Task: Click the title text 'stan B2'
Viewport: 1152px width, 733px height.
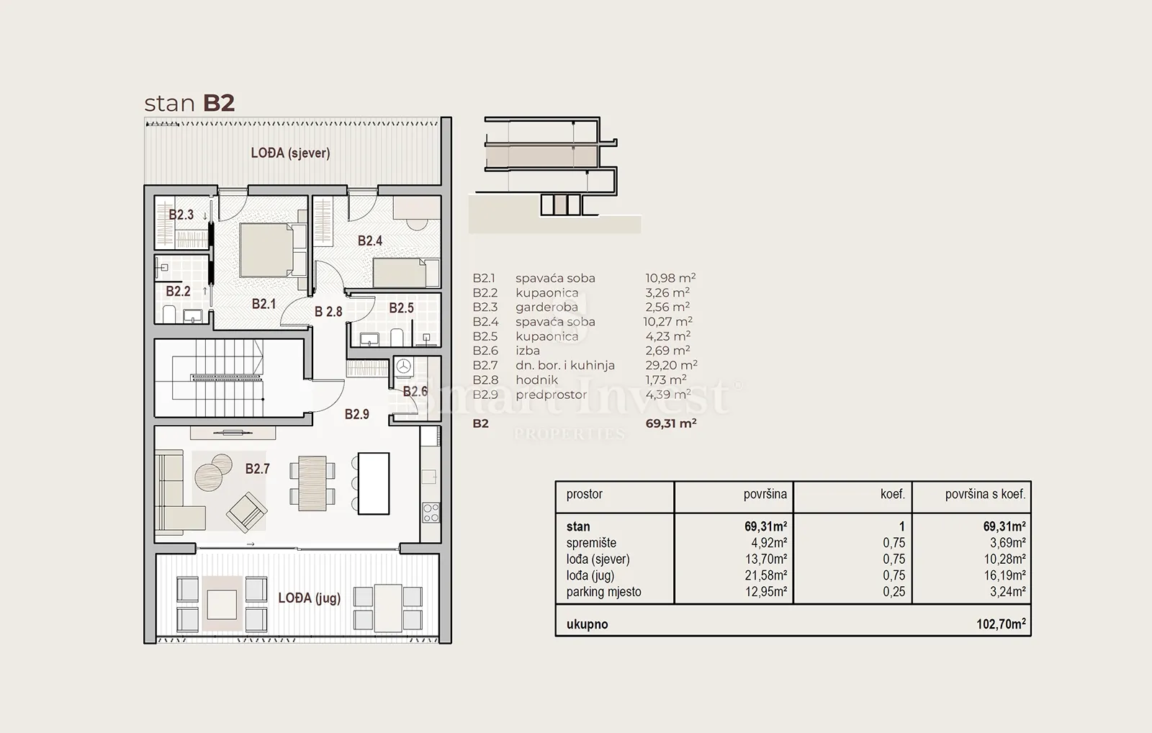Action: [x=189, y=103]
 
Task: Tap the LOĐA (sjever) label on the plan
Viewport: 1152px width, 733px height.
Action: [x=291, y=153]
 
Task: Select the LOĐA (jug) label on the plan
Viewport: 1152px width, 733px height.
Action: [x=310, y=598]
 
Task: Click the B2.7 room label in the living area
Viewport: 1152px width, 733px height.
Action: [x=257, y=469]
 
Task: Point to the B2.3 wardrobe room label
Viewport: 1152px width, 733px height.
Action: [x=181, y=215]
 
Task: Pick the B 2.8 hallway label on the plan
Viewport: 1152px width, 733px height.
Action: [x=328, y=311]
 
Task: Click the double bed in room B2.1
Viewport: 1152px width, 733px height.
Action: [x=273, y=251]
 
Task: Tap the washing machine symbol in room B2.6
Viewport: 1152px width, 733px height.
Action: [x=404, y=366]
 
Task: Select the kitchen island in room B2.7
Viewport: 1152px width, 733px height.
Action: [x=374, y=483]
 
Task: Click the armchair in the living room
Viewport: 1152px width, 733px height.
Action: [x=247, y=512]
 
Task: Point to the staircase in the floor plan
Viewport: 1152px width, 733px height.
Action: [x=226, y=377]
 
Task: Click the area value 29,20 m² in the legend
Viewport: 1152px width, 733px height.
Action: [x=671, y=365]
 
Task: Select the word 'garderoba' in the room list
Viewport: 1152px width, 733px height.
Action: [x=546, y=307]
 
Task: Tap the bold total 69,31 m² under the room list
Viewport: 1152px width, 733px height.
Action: [x=671, y=423]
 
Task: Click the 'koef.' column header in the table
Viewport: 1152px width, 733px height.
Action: [x=892, y=494]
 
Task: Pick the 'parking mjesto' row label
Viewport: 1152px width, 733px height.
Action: [x=604, y=592]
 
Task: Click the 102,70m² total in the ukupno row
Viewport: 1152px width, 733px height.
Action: [x=1002, y=624]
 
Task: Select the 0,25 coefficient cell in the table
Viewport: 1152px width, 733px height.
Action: [x=894, y=592]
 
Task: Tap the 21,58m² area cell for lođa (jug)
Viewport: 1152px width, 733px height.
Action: [x=766, y=575]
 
